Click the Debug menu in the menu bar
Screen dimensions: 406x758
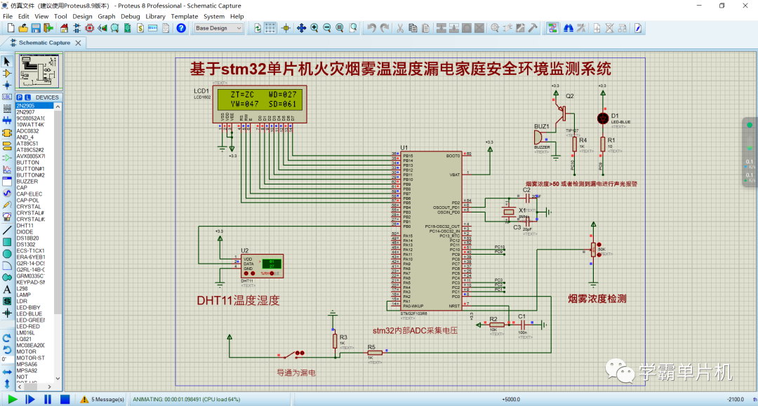click(130, 16)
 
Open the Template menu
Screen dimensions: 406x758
click(185, 16)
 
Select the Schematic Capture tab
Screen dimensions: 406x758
click(44, 43)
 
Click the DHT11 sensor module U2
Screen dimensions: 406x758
click(262, 265)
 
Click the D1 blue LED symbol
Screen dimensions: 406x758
click(602, 118)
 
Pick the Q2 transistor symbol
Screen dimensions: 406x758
click(561, 109)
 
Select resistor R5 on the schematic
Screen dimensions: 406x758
click(375, 353)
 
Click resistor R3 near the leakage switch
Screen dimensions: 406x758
click(335, 340)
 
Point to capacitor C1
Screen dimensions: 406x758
click(521, 325)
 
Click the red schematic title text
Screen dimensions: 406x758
click(400, 69)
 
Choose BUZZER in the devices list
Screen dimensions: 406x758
click(28, 182)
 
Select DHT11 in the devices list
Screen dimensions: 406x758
click(25, 226)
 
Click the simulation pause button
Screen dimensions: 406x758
click(48, 399)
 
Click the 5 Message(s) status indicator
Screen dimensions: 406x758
click(102, 399)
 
